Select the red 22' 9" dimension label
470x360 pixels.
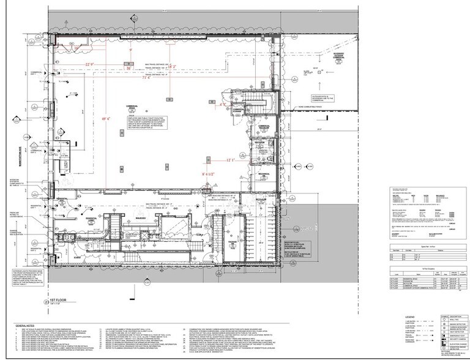click(x=92, y=64)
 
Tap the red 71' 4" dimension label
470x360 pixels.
click(x=146, y=78)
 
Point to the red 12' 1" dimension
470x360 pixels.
click(x=229, y=160)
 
